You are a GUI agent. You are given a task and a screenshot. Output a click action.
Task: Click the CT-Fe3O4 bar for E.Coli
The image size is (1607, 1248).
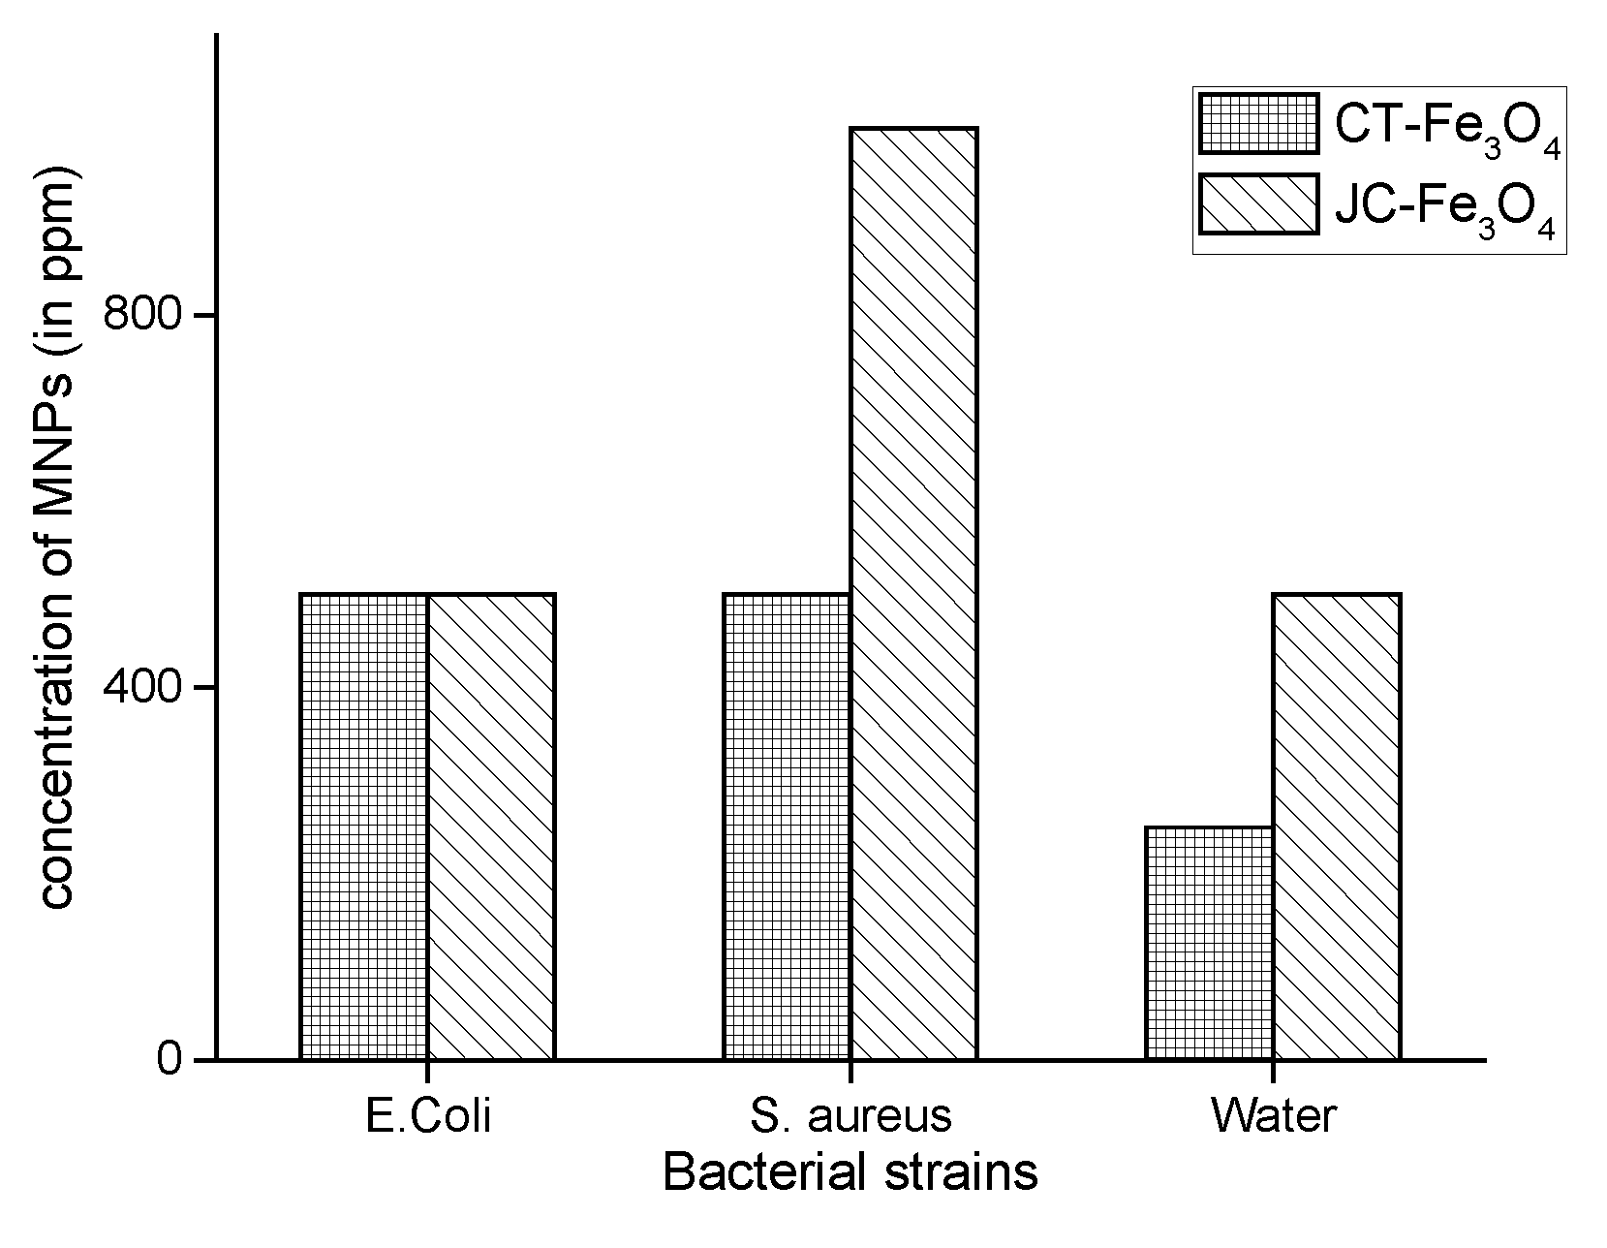coord(364,826)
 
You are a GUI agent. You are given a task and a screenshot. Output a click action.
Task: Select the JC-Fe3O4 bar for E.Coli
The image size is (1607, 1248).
coord(491,826)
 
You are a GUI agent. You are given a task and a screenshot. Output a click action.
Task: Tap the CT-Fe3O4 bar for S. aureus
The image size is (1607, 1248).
coord(787,826)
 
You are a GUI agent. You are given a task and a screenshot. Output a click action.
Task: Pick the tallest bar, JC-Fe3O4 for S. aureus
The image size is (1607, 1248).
coord(913,593)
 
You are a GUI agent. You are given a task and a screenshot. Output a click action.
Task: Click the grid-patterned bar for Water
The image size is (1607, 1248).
coord(1209,942)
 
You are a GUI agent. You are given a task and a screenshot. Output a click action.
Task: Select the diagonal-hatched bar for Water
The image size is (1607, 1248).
coord(1336,826)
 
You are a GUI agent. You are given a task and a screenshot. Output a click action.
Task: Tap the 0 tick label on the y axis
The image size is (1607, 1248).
coord(170,1059)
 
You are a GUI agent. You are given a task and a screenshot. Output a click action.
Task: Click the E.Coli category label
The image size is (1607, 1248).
coord(428,1116)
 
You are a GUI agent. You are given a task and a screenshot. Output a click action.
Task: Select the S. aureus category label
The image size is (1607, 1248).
coord(850,1116)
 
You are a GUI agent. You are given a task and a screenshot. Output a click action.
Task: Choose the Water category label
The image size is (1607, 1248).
coord(1273,1116)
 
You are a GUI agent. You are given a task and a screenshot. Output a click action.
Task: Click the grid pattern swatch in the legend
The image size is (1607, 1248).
coord(1258,123)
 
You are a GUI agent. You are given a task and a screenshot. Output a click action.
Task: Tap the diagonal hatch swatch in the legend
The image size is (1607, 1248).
coord(1258,203)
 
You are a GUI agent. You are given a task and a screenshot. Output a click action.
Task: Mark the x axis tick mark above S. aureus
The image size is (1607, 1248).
coord(850,1071)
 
